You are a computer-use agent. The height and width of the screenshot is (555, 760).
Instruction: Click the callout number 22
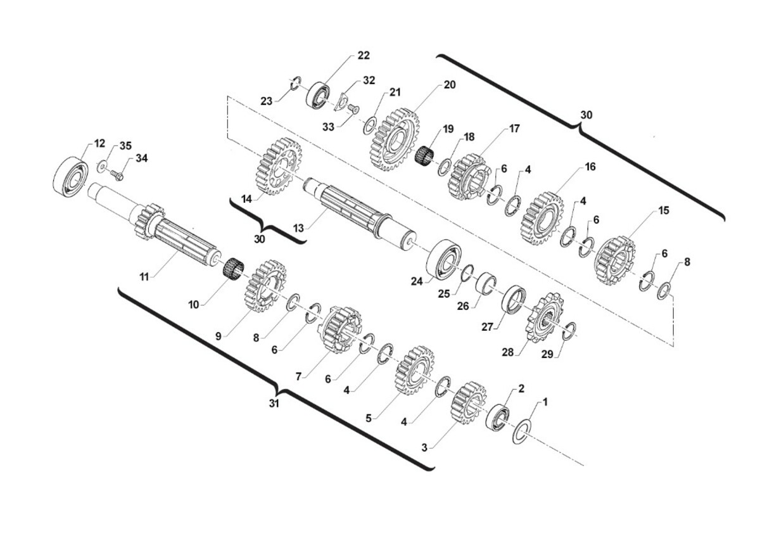(364, 55)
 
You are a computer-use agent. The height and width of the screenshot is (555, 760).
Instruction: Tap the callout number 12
(99, 143)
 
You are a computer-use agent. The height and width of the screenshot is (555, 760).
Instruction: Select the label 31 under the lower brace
(274, 404)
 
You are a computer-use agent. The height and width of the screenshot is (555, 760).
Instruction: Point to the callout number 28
(508, 352)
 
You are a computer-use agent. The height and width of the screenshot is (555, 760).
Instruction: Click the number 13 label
(298, 229)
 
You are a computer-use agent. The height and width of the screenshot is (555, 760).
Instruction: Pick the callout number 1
(545, 402)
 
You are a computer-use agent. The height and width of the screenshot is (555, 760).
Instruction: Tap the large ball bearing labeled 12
(71, 177)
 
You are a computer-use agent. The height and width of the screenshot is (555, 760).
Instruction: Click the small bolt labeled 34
(117, 175)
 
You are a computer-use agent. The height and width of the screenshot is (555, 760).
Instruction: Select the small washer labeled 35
(102, 167)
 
